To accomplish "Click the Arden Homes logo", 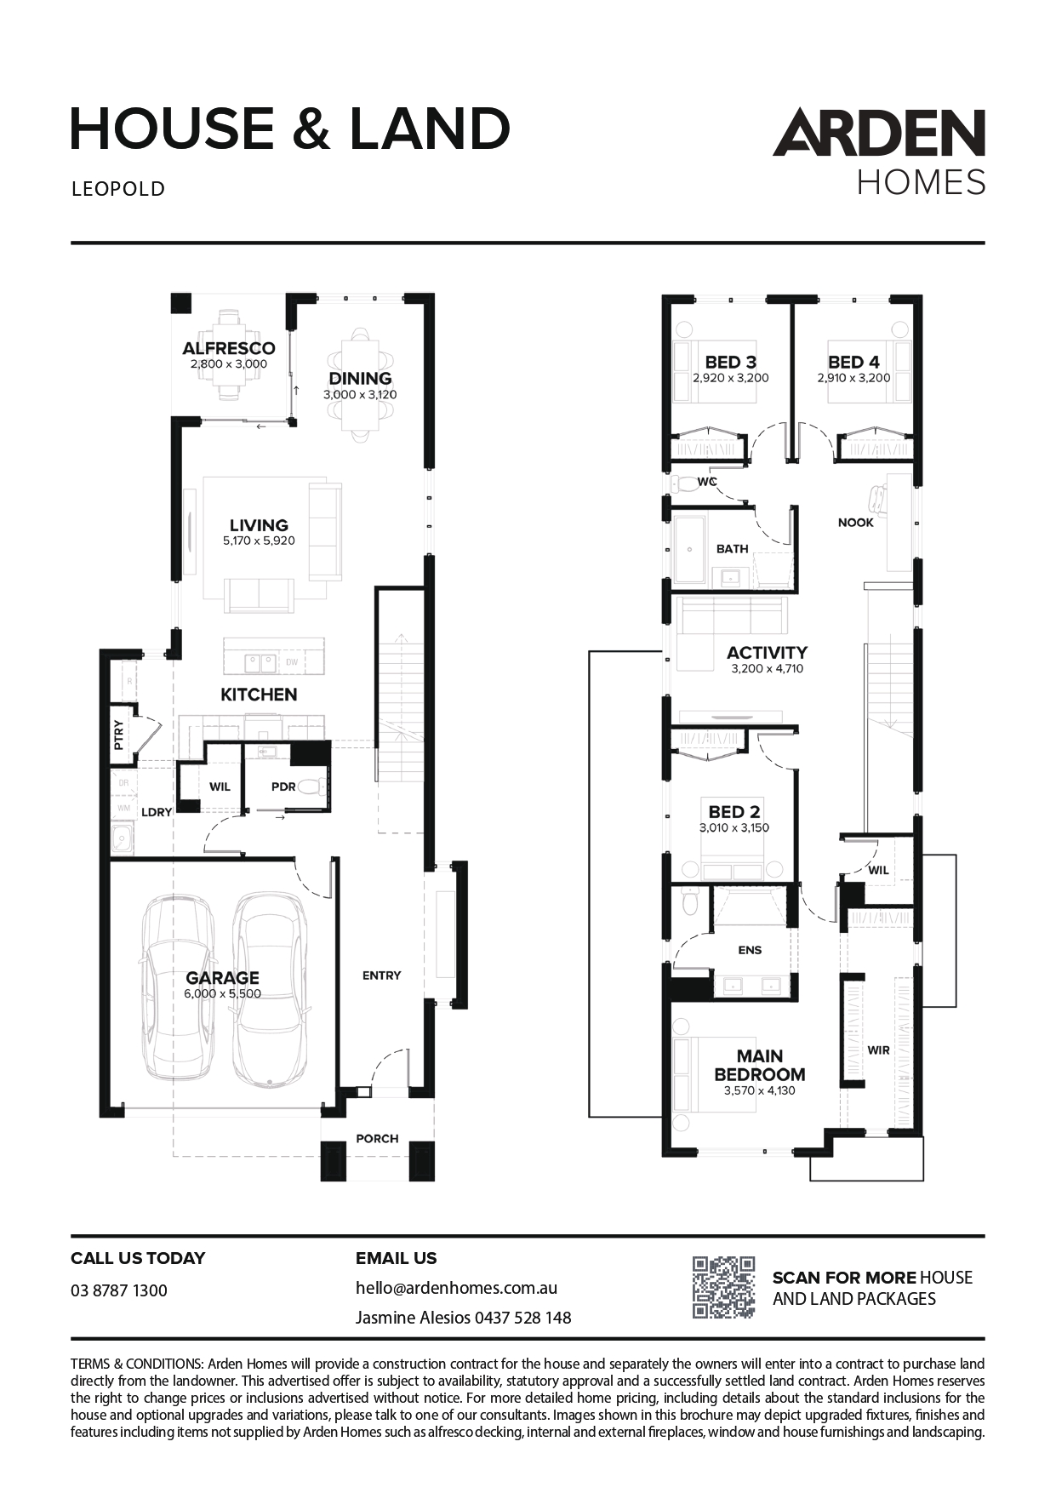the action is click(879, 152).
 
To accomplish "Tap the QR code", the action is click(724, 1287).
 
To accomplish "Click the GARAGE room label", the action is click(223, 978).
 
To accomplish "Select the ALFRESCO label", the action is click(229, 348).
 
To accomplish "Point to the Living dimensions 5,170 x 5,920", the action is click(259, 541).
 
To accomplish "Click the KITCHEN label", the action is click(259, 695).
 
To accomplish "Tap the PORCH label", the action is click(377, 1138).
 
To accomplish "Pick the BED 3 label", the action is click(730, 363).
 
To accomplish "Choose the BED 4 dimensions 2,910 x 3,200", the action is click(853, 378).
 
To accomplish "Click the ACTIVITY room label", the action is click(767, 653).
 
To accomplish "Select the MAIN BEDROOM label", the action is click(760, 1065).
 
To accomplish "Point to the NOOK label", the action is click(856, 523).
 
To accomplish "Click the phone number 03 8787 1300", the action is click(119, 1290).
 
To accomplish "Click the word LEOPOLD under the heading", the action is click(118, 189).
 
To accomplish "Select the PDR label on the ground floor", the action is click(283, 787).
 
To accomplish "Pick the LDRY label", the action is click(157, 812).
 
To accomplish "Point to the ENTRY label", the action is click(381, 975).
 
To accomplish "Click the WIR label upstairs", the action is click(879, 1050).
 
